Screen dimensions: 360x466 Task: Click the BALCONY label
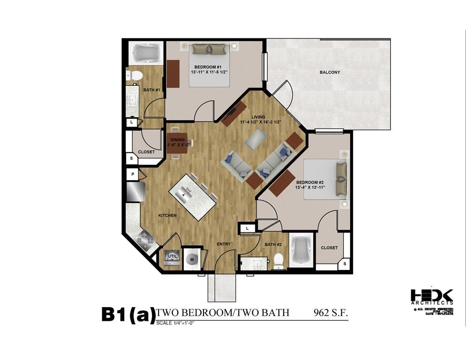pyautogui.click(x=330, y=72)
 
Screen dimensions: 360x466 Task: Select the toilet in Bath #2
pyautogui.click(x=279, y=261)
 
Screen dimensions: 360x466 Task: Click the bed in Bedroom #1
pyautogui.click(x=210, y=64)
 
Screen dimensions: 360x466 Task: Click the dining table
pyautogui.click(x=177, y=142)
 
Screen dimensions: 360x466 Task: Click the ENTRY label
pyautogui.click(x=224, y=244)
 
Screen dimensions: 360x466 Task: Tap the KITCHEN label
pyautogui.click(x=167, y=215)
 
